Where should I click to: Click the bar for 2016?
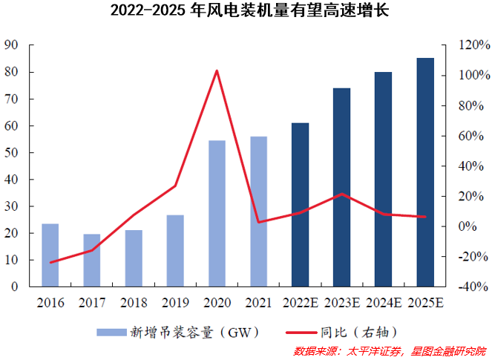[50, 255]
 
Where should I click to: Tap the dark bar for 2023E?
[341, 187]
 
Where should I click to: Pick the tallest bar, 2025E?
[425, 172]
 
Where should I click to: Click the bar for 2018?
[134, 258]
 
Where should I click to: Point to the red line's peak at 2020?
[217, 71]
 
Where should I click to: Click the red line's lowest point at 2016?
[50, 263]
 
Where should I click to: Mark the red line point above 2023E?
[341, 194]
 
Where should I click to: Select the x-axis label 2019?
[175, 302]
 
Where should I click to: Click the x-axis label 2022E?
[300, 302]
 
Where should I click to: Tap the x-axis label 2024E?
[384, 302]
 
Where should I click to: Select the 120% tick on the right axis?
[470, 45]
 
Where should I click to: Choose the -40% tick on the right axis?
[470, 287]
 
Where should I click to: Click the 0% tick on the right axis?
[468, 226]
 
